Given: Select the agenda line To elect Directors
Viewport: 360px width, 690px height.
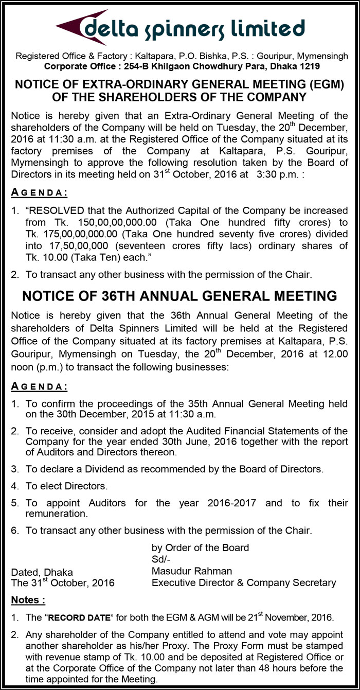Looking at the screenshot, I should [66, 486].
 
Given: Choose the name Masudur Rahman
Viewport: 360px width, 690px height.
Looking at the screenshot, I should [192, 571].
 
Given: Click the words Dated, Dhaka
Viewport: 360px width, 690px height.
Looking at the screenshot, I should [42, 572].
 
